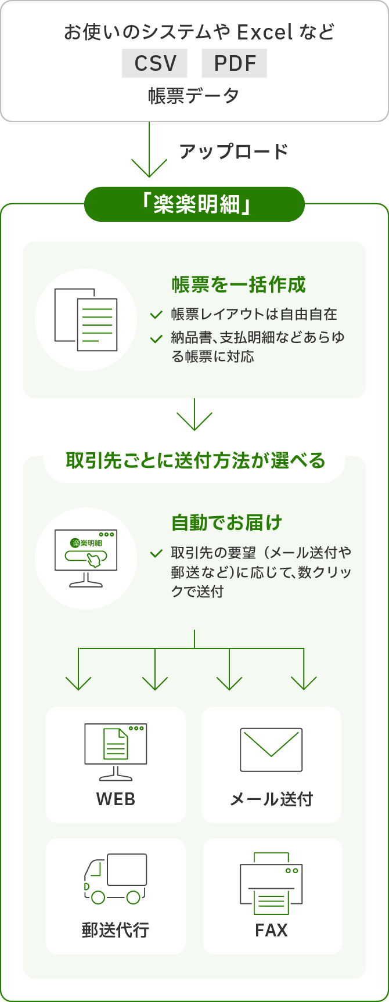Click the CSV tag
[154, 63]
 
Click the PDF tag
[234, 63]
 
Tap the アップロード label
[233, 152]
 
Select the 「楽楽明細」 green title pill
[195, 204]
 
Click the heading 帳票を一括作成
[239, 284]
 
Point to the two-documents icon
[86, 319]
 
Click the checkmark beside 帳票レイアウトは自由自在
[156, 315]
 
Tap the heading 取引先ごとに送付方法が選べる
[195, 460]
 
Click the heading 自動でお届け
[226, 522]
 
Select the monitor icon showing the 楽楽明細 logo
[86, 558]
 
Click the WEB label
[116, 799]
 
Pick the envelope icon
[271, 749]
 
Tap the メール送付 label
[271, 799]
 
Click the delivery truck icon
[115, 878]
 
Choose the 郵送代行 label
[116, 930]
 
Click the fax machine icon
[271, 882]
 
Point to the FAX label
[271, 930]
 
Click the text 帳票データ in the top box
[194, 96]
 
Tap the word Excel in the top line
[265, 32]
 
